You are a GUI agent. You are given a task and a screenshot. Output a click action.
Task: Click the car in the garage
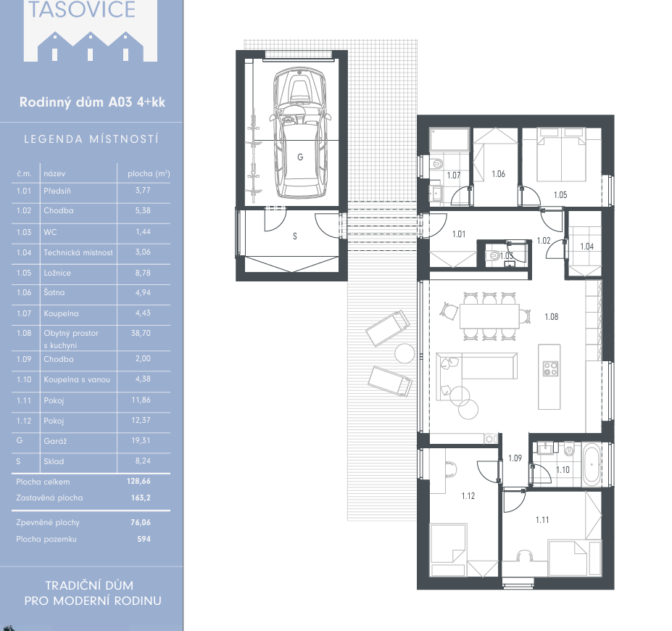click(x=300, y=133)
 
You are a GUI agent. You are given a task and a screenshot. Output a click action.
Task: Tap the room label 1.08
click(x=552, y=317)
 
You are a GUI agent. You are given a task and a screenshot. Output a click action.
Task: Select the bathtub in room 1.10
click(x=592, y=465)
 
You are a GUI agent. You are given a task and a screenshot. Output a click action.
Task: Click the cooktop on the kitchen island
click(x=550, y=368)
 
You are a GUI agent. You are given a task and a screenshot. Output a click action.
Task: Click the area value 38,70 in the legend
click(x=141, y=333)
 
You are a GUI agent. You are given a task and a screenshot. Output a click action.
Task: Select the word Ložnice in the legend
click(x=57, y=273)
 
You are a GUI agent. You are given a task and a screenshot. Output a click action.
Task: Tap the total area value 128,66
click(x=138, y=482)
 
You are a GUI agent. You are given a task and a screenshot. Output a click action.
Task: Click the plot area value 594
click(x=144, y=540)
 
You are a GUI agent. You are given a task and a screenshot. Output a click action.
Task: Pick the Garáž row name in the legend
click(x=55, y=441)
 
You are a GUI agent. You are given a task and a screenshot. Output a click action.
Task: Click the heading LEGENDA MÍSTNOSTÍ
click(x=91, y=139)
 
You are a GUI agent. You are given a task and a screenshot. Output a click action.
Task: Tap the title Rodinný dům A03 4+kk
click(x=92, y=102)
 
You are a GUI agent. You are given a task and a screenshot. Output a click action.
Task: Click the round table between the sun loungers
click(x=405, y=354)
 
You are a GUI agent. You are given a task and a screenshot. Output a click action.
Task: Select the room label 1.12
click(x=468, y=496)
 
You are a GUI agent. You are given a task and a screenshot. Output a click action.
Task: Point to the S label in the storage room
click(x=295, y=236)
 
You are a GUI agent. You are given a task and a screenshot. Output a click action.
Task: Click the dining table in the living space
click(x=489, y=316)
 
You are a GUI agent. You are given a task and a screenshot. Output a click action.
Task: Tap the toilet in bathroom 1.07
click(x=436, y=163)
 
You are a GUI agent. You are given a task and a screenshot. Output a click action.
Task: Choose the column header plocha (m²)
click(x=149, y=173)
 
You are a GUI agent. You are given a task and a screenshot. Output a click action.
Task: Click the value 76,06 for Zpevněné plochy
click(x=141, y=522)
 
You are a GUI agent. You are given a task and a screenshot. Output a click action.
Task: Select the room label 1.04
click(x=586, y=247)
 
